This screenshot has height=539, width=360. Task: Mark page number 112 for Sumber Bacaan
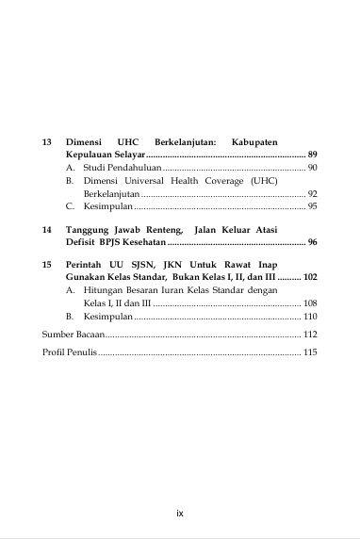[x=310, y=335]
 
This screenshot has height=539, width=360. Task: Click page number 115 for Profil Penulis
[x=310, y=352]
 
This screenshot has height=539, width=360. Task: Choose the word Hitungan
[x=105, y=292]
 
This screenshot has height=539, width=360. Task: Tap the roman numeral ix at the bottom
[x=179, y=514]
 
